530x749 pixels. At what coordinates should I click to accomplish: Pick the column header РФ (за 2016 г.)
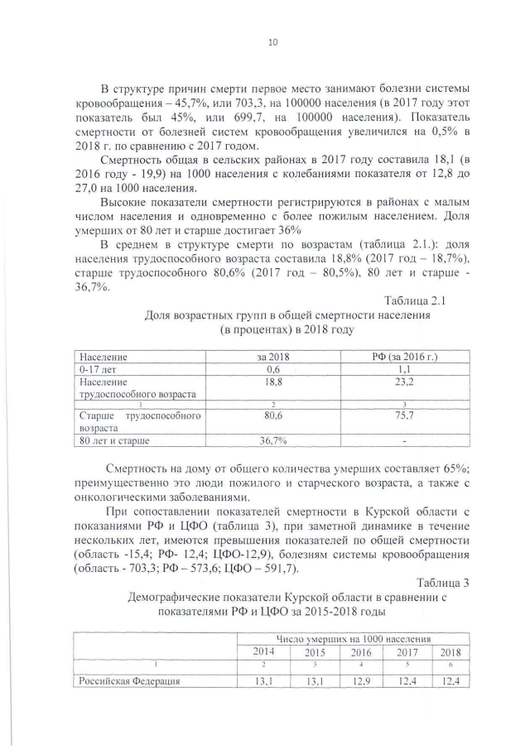point(406,357)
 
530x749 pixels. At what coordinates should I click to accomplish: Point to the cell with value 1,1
point(406,369)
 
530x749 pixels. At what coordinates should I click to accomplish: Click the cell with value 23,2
point(406,382)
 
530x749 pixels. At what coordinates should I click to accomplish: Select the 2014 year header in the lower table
point(263,651)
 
